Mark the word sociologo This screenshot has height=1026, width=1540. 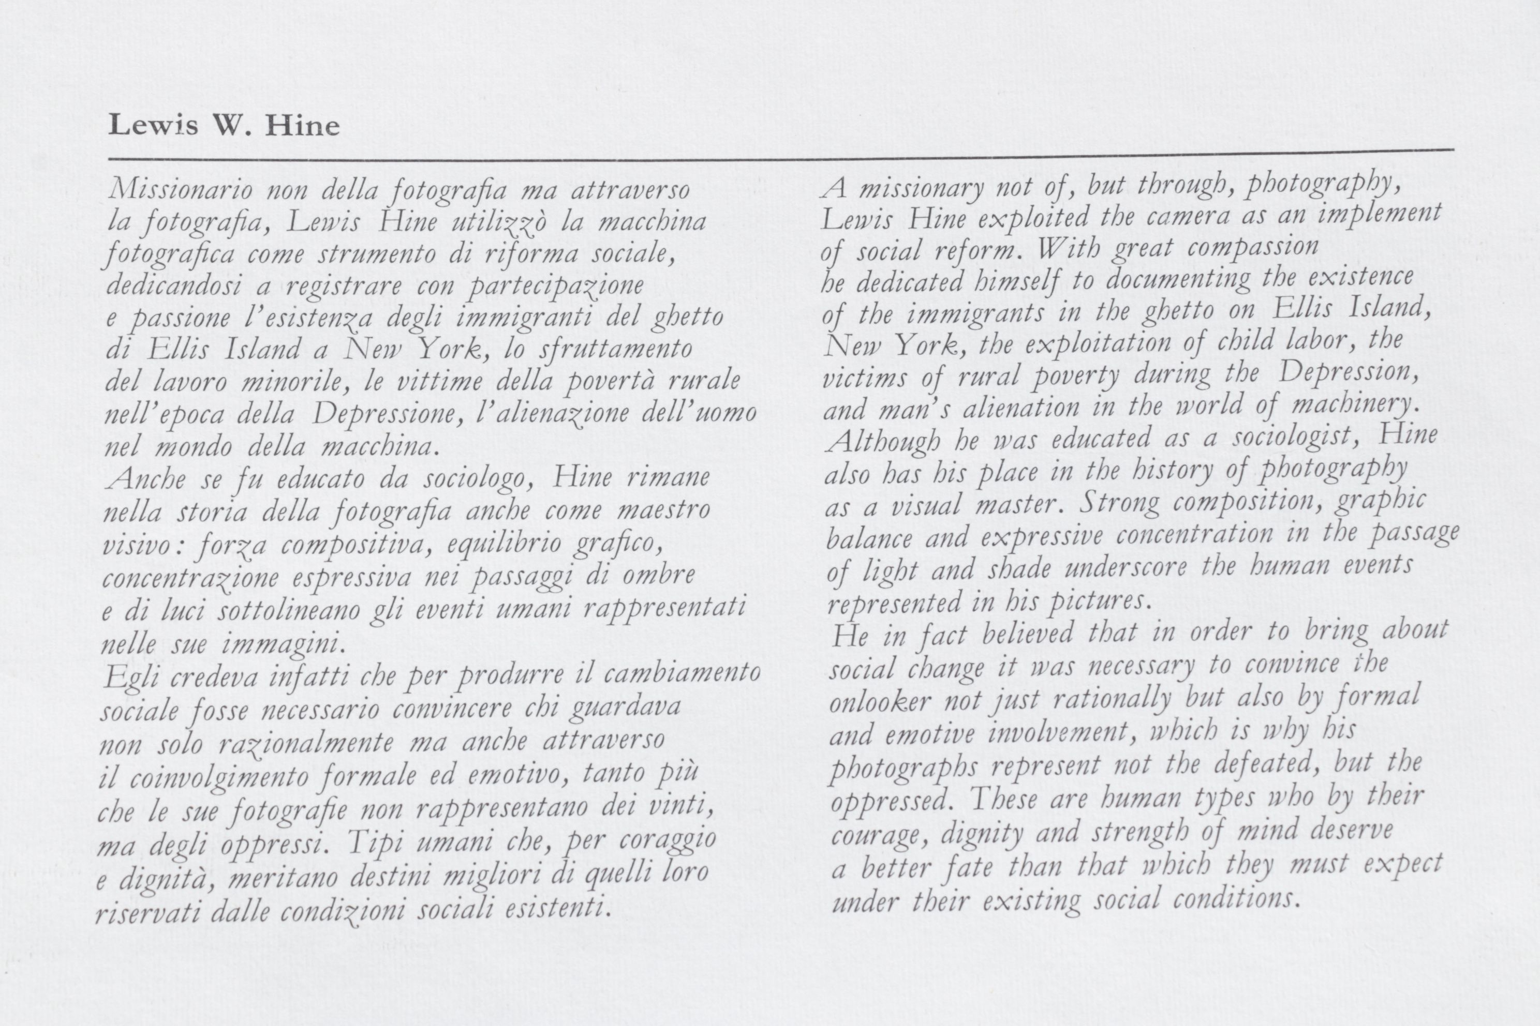475,478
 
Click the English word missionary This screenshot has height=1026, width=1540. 921,190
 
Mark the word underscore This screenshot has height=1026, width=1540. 1125,567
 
